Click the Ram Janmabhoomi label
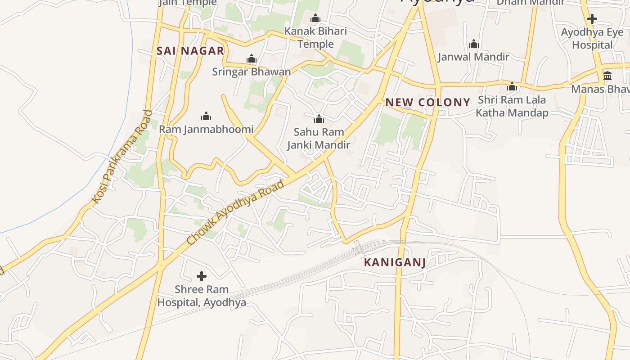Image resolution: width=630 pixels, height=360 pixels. click(x=206, y=130)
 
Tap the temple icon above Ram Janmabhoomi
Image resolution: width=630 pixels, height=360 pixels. click(x=206, y=117)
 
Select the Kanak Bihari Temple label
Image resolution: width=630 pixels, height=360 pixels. click(x=315, y=38)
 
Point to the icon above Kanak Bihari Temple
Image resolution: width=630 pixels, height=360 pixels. click(x=315, y=18)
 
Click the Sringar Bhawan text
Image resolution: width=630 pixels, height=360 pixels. click(x=252, y=72)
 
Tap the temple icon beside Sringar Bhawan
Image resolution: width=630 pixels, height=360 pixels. click(x=252, y=59)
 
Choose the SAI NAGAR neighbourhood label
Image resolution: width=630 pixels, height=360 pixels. click(x=190, y=51)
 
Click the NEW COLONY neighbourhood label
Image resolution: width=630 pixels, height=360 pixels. click(x=428, y=102)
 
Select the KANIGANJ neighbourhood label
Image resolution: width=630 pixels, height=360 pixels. click(x=395, y=262)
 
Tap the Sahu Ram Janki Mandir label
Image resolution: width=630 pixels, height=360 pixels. click(x=319, y=139)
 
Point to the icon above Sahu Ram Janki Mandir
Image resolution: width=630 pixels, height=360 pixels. click(x=319, y=119)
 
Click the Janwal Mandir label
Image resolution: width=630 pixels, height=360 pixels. click(x=473, y=57)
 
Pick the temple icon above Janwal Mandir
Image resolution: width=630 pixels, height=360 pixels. click(x=473, y=44)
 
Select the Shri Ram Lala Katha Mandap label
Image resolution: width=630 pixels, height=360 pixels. click(x=512, y=106)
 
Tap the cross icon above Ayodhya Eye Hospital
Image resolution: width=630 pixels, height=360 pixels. click(x=592, y=19)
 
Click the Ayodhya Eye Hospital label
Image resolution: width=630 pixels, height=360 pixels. click(x=592, y=39)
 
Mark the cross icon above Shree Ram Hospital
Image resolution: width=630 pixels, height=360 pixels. click(x=202, y=276)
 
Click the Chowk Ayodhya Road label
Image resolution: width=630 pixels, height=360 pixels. click(x=236, y=212)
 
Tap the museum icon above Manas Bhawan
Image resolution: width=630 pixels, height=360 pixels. click(x=607, y=76)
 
